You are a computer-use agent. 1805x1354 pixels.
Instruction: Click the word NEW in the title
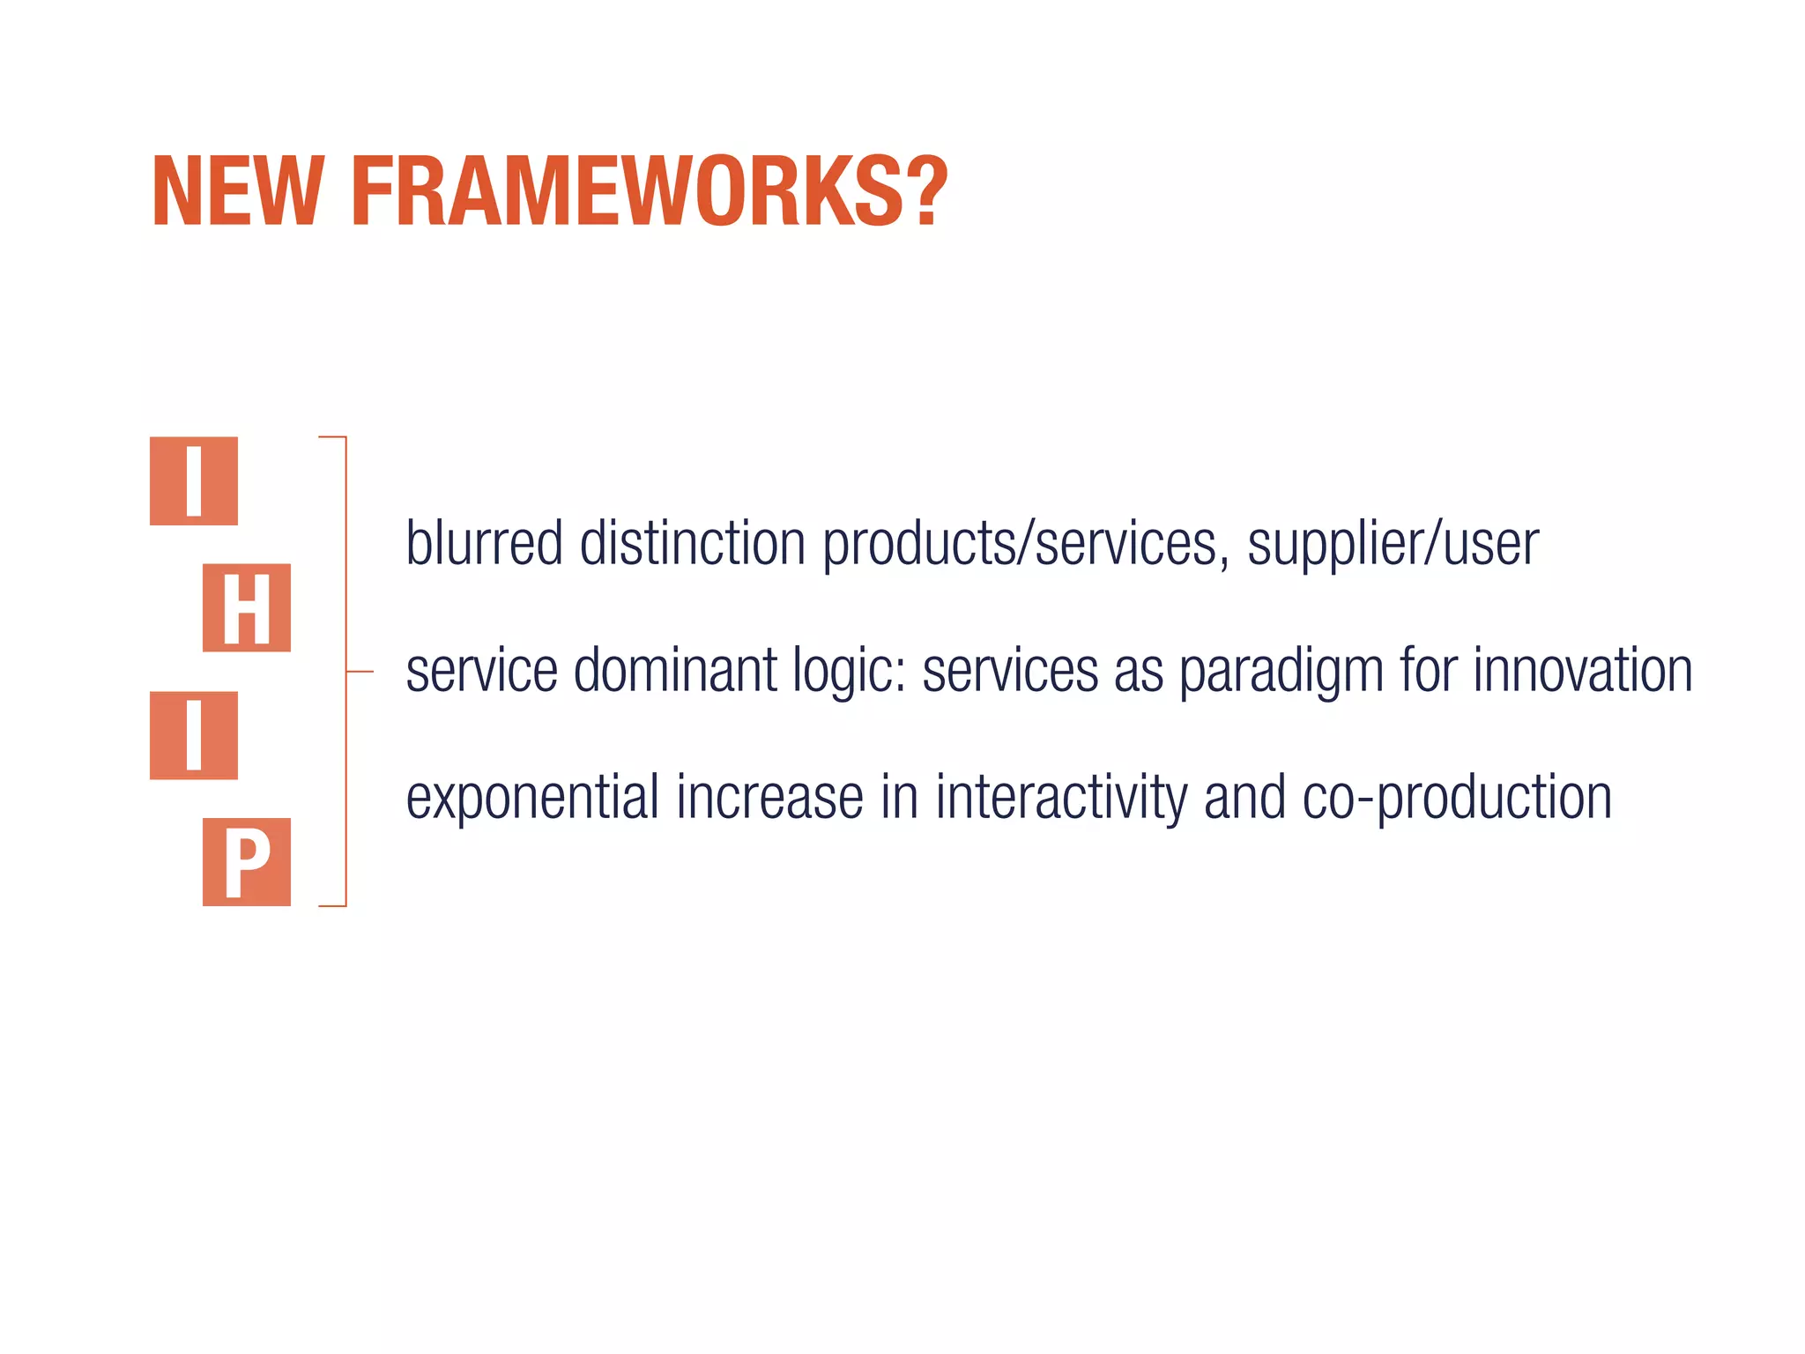click(236, 192)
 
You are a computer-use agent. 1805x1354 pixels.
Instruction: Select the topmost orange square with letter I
click(194, 481)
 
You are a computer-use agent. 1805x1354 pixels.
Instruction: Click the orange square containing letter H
click(247, 608)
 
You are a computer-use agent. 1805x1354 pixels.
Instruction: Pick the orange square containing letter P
click(247, 862)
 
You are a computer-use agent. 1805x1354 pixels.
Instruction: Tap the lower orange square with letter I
click(194, 735)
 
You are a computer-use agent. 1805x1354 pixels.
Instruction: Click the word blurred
click(484, 543)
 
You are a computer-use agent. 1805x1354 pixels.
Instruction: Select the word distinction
click(693, 543)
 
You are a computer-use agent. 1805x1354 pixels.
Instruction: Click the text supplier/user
click(1393, 545)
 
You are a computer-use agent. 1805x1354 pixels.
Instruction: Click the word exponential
click(532, 799)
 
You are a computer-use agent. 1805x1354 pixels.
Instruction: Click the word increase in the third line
click(769, 799)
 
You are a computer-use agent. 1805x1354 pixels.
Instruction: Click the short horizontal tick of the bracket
click(360, 672)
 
